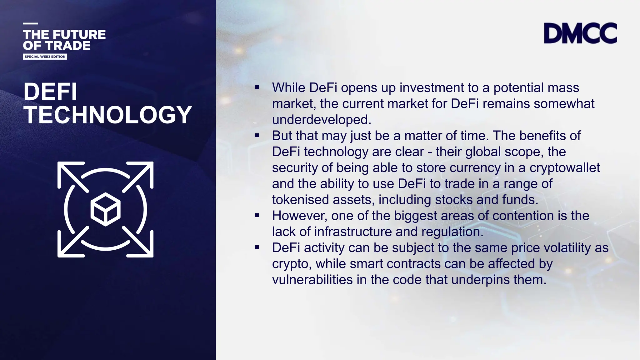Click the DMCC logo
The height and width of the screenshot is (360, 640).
point(580,33)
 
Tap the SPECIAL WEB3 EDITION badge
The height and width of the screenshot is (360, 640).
point(45,57)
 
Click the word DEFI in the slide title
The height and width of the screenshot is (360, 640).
point(50,92)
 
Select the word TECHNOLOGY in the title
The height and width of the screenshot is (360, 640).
point(108,115)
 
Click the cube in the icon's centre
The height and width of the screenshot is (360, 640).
point(106,209)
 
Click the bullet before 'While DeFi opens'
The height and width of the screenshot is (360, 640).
point(257,87)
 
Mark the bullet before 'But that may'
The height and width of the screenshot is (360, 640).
point(257,136)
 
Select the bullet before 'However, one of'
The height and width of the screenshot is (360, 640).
point(257,216)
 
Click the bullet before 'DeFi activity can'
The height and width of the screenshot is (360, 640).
point(257,247)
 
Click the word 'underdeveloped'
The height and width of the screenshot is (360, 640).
point(321,120)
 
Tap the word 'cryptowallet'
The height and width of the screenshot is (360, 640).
point(565,168)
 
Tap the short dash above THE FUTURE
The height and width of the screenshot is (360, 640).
point(30,23)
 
